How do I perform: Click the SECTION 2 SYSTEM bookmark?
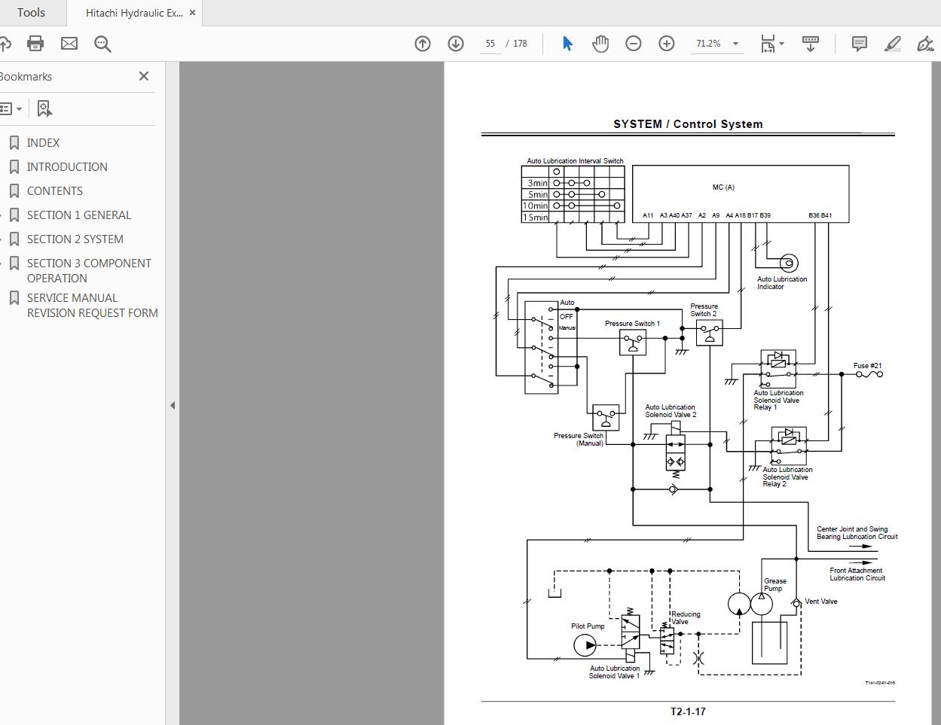coord(75,239)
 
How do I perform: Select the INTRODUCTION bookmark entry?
coord(67,166)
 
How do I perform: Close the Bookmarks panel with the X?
coord(144,76)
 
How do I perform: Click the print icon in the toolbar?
coord(35,44)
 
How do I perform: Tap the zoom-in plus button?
coord(666,44)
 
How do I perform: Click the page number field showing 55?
coord(490,44)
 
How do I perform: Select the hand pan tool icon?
coord(600,44)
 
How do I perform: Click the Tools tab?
coord(31,13)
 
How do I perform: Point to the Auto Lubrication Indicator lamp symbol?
coord(787,263)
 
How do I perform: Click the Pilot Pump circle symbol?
coord(585,645)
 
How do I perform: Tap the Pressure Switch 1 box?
coord(633,343)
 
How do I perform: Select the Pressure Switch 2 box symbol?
coord(709,333)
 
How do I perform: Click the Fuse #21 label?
coord(867,366)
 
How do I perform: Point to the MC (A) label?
coord(723,187)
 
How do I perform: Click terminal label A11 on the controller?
coord(648,215)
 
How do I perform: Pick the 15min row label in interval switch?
coord(536,218)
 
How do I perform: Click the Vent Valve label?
coord(820,602)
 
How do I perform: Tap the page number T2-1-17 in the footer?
coord(688,711)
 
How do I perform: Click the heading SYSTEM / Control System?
coord(688,124)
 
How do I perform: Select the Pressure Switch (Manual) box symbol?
coord(606,418)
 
